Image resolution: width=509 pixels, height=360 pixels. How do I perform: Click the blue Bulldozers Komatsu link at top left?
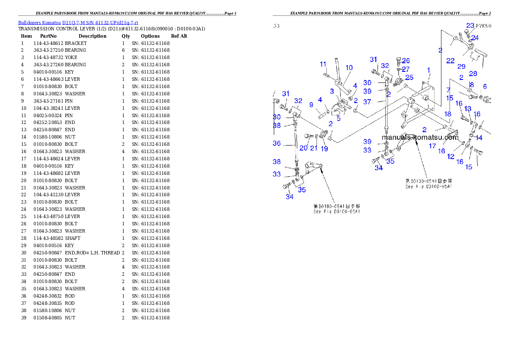tap(78, 23)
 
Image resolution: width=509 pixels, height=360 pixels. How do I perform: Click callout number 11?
tap(323, 64)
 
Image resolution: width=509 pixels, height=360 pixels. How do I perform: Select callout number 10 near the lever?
tap(349, 68)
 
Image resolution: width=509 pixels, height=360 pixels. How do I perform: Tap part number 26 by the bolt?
tap(405, 60)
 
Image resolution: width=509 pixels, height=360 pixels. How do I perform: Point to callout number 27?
tap(405, 69)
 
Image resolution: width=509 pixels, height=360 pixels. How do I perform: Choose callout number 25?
tap(409, 77)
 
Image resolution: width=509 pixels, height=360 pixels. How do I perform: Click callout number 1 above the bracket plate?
tap(429, 70)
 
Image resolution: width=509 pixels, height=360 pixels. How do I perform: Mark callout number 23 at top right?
tap(470, 26)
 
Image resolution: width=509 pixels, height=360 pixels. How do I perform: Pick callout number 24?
tap(475, 38)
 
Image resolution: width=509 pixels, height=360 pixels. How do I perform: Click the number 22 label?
tap(450, 61)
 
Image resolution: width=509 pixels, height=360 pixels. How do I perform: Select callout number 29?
tap(461, 67)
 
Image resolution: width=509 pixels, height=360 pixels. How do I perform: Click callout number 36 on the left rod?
tap(277, 143)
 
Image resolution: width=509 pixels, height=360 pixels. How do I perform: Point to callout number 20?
tap(304, 148)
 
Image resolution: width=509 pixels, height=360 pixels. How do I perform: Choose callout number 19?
tap(324, 149)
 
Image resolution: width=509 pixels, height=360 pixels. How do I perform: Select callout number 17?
tap(432, 146)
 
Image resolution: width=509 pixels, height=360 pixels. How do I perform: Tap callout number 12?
tap(451, 156)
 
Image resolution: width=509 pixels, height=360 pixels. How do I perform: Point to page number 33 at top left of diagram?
tap(276, 26)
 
